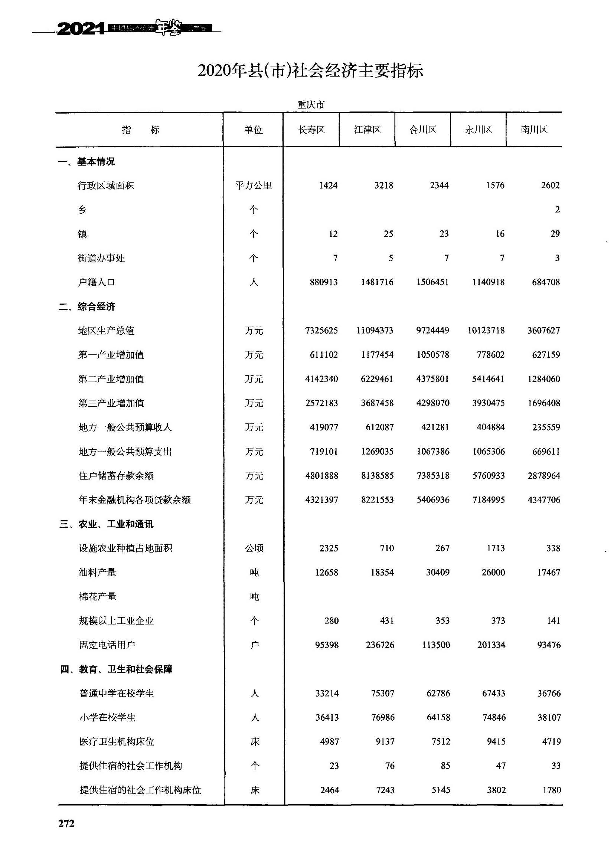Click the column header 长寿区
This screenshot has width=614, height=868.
click(x=311, y=130)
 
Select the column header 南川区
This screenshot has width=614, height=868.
click(x=534, y=130)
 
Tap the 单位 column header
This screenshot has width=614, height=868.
click(x=253, y=130)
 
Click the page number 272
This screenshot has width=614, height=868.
click(x=66, y=823)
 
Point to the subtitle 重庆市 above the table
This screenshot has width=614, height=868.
click(x=311, y=105)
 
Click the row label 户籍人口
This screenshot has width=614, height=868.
click(x=97, y=282)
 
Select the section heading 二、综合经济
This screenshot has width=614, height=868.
click(x=86, y=307)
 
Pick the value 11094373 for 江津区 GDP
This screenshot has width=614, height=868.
click(x=375, y=331)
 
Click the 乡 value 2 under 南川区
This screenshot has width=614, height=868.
click(x=557, y=210)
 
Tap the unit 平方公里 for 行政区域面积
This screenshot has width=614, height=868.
click(x=253, y=186)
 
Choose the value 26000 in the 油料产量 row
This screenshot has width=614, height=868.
click(x=493, y=572)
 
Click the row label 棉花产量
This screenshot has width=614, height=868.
click(x=97, y=597)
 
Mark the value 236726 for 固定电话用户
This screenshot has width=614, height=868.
click(x=380, y=645)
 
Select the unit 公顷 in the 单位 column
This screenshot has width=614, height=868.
click(x=254, y=548)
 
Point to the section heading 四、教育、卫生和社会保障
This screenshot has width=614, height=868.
click(x=116, y=669)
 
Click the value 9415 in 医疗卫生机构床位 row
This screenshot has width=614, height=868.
click(x=496, y=742)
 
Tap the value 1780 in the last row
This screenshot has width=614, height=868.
click(x=551, y=790)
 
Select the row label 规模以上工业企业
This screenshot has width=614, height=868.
click(x=116, y=621)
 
